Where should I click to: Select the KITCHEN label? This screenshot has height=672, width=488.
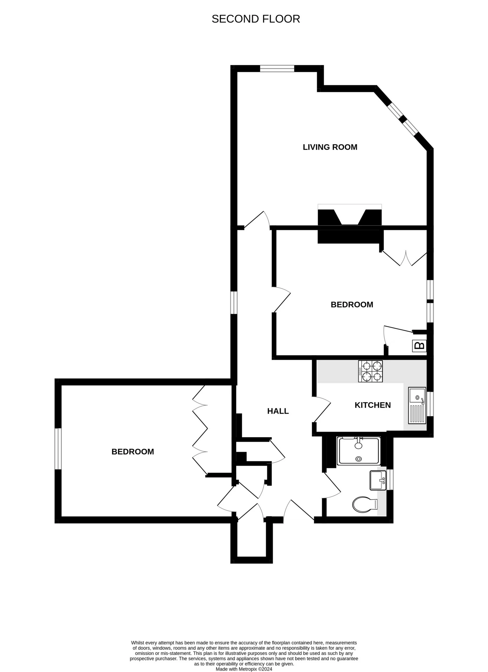(372, 405)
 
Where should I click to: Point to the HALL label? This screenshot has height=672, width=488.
(278, 411)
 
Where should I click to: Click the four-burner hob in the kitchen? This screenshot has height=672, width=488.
(370, 371)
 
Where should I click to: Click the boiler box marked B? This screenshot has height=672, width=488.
(419, 346)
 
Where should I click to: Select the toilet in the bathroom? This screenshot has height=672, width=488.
(364, 504)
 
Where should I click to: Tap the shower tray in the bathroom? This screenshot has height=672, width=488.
(359, 451)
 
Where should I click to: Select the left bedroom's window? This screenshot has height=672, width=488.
(58, 449)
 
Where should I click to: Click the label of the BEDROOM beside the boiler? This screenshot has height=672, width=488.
(352, 305)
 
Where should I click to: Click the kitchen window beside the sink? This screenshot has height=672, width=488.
(430, 404)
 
